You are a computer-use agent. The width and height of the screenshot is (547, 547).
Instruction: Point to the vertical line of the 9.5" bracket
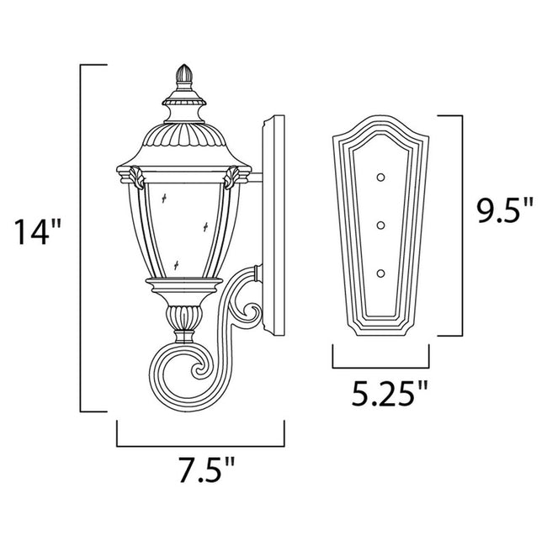(x=463, y=224)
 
